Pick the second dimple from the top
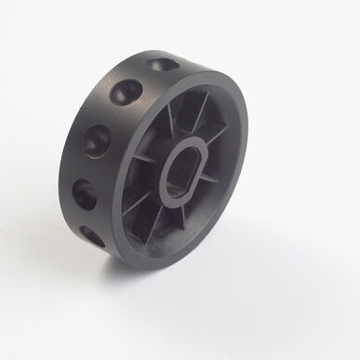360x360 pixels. (x=125, y=92)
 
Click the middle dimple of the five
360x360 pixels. (x=98, y=140)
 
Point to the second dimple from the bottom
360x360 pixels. (x=84, y=193)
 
